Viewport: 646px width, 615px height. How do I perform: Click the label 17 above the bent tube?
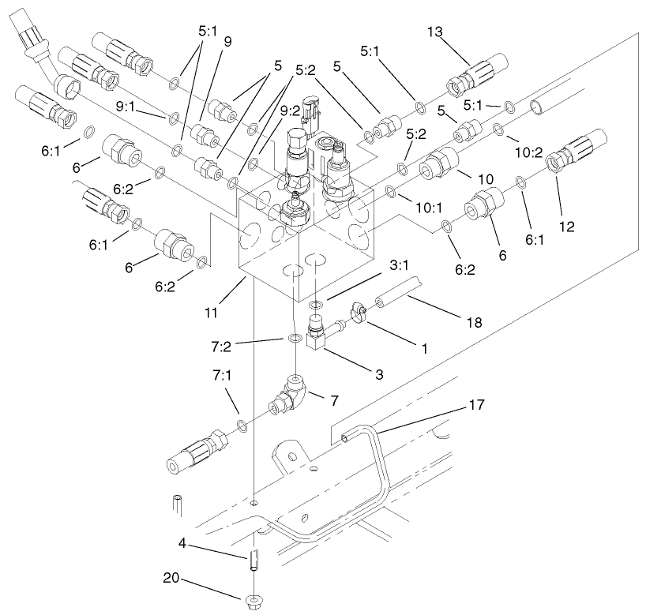475,403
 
